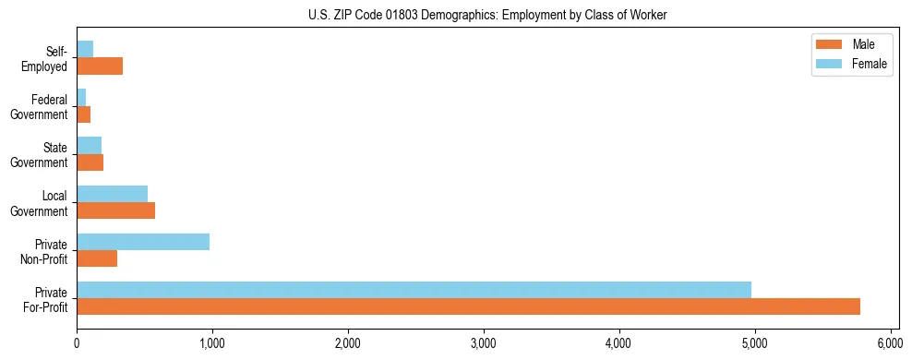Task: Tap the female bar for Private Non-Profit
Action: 143,242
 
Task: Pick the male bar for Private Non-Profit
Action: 97,258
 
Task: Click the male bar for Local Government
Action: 115,210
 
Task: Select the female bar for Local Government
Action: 112,194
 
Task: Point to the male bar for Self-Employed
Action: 100,66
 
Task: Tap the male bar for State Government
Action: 90,162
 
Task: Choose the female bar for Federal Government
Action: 81,98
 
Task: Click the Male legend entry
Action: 849,44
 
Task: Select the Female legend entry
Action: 849,64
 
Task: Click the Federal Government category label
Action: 39,107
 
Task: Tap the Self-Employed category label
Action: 43,59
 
